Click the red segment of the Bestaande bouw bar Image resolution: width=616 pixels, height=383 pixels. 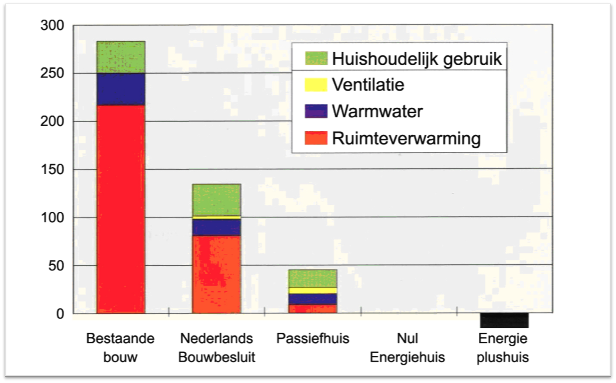pos(121,209)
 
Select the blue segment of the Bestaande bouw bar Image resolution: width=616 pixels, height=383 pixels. pos(121,89)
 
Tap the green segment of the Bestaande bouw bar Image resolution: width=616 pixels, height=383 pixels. pos(121,57)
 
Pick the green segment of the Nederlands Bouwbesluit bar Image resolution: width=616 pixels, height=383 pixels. pos(216,200)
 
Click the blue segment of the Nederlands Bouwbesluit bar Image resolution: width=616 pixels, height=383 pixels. pos(216,227)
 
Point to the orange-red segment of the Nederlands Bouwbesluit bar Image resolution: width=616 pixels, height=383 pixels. pos(216,274)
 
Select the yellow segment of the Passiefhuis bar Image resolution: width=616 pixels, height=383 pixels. pos(313,290)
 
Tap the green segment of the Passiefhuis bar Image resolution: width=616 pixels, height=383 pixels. pos(313,278)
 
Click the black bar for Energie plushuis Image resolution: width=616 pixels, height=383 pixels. pos(504,320)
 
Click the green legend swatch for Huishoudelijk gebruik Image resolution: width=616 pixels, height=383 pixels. pos(316,58)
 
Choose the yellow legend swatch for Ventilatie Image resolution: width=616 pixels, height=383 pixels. pos(316,84)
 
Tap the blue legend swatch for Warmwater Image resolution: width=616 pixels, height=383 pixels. pos(316,111)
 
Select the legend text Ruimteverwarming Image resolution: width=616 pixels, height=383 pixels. pos(406,138)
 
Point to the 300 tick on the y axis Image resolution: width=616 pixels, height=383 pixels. pos(53,25)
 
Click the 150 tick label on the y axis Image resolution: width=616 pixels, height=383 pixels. pos(53,169)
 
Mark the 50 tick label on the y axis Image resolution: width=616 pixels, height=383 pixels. pos(56,266)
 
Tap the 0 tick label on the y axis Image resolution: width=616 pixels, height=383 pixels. pos(60,314)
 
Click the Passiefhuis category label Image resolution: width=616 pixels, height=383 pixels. pos(313,338)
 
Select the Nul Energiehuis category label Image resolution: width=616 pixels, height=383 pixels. pos(407,348)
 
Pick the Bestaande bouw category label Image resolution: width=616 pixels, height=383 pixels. pos(120,348)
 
